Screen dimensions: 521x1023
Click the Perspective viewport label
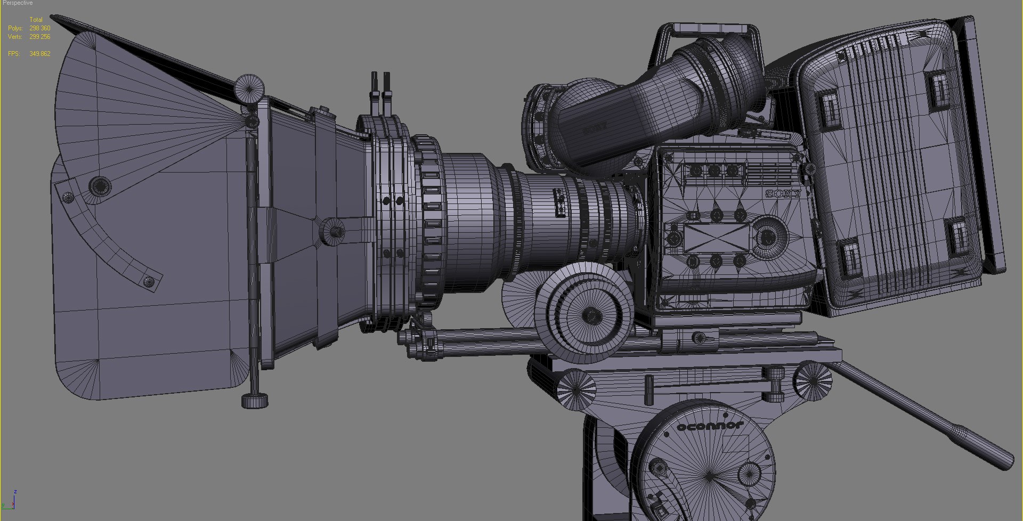pyautogui.click(x=17, y=3)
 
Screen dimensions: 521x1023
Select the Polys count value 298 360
pyautogui.click(x=40, y=28)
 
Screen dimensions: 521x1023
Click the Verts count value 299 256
pyautogui.click(x=40, y=37)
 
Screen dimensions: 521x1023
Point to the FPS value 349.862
pyautogui.click(x=40, y=54)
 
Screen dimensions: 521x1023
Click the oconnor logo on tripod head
pyautogui.click(x=710, y=426)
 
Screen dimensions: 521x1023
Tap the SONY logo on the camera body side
pyautogui.click(x=783, y=194)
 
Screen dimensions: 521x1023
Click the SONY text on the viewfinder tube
pyautogui.click(x=595, y=128)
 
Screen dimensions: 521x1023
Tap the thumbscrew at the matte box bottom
pyautogui.click(x=255, y=400)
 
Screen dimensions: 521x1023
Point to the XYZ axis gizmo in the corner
pyautogui.click(x=10, y=501)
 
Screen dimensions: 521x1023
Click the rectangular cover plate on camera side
pyautogui.click(x=716, y=238)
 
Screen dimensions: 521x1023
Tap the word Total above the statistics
pyautogui.click(x=36, y=20)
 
